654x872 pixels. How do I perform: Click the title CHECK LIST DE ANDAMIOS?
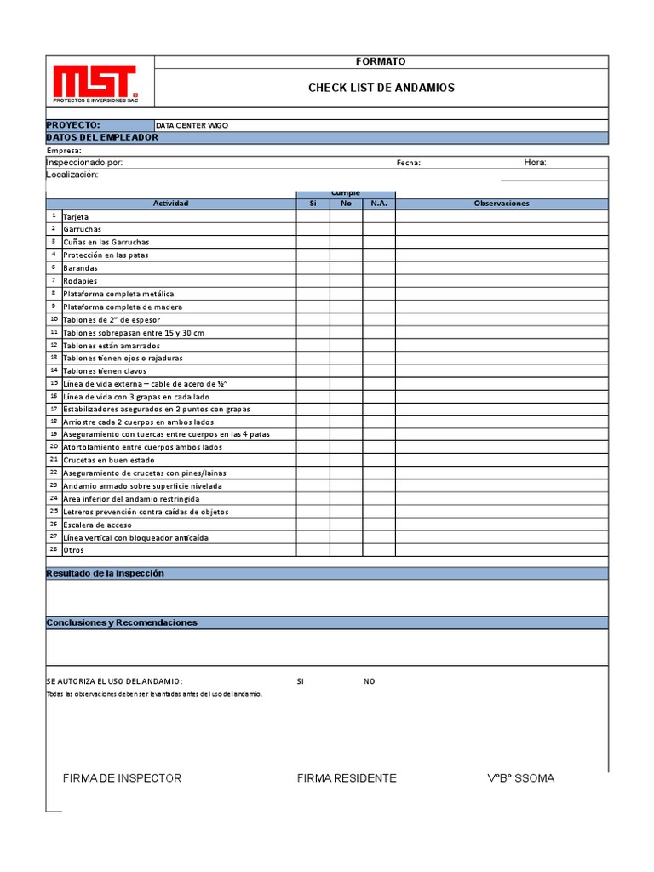381,88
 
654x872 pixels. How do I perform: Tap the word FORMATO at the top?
381,61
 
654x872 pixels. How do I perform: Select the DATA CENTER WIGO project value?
192,125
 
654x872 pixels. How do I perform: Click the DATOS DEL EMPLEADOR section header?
101,137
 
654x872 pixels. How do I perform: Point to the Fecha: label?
408,163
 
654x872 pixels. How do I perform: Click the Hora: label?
535,163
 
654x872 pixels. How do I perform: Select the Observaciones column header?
502,204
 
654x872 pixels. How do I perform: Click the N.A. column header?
379,204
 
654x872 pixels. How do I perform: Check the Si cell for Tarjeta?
313,216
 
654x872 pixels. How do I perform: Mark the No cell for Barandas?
346,267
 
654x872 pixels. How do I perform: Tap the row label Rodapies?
81,281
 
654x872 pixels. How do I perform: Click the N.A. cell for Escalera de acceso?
379,525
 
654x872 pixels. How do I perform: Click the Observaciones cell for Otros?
502,550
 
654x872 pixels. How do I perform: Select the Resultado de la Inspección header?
105,573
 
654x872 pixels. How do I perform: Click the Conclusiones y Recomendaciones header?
122,622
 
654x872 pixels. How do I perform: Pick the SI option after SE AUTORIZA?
300,681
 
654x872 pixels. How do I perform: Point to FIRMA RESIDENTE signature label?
347,778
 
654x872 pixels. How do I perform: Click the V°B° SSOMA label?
520,778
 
